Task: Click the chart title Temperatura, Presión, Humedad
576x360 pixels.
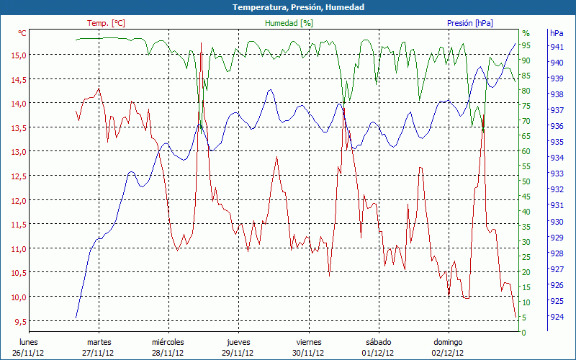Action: point(288,7)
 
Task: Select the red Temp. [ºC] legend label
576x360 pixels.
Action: point(106,23)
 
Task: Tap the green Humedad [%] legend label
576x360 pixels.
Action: point(289,23)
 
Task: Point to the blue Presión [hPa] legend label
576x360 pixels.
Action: point(470,23)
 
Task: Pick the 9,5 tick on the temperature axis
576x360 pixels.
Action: point(20,322)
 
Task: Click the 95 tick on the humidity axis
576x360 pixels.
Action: point(526,45)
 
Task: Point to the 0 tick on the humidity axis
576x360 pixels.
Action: point(524,333)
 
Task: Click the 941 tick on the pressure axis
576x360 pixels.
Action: point(557,47)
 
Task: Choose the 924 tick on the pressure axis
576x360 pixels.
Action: point(557,317)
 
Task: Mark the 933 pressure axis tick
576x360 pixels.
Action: point(557,174)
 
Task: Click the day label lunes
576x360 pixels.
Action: point(28,342)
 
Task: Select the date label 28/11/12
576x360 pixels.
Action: point(168,353)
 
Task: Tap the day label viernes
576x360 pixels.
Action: point(309,342)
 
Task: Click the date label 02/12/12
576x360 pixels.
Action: point(449,353)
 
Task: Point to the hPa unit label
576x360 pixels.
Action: point(557,33)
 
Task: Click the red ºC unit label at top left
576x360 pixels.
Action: point(22,33)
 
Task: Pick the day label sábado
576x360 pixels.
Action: point(379,342)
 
